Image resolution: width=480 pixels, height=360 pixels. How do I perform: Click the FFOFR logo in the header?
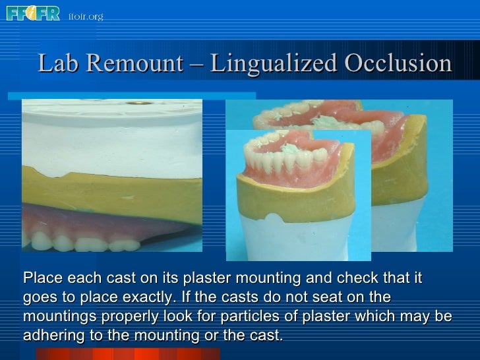32,13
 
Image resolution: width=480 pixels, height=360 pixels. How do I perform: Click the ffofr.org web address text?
86,16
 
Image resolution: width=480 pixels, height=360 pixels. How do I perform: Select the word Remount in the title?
134,64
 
